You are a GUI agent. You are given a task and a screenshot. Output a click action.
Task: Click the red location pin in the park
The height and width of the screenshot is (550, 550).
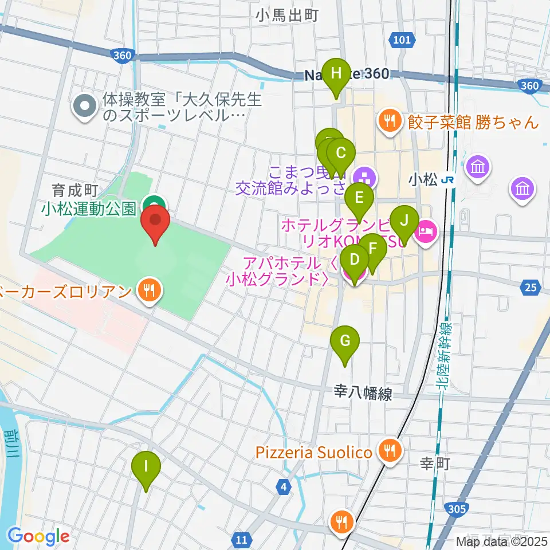155,223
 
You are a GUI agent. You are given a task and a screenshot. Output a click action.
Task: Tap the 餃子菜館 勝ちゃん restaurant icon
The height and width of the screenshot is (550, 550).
390,121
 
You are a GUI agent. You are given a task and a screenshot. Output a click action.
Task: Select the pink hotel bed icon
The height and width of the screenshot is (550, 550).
427,231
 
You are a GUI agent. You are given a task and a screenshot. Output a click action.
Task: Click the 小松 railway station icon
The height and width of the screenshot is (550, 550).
449,180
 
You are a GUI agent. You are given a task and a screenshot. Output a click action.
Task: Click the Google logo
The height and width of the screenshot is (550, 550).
38,536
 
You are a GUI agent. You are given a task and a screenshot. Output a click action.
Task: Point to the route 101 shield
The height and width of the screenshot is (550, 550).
402,40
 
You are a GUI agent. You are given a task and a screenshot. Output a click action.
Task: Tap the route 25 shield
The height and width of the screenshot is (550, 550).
531,288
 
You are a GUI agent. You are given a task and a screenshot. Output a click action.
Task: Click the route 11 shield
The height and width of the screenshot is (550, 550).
242,539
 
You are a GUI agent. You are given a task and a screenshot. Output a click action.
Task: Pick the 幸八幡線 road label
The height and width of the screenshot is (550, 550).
363,394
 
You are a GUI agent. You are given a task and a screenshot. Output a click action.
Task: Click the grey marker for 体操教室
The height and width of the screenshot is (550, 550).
85,106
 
